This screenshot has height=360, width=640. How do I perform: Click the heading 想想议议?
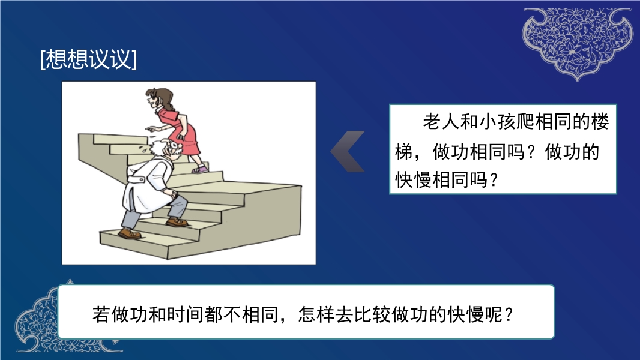click(89, 59)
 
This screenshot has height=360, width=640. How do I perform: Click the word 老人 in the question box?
click(441, 121)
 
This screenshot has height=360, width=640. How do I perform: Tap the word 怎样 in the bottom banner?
click(317, 314)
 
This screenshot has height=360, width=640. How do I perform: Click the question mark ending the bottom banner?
click(509, 314)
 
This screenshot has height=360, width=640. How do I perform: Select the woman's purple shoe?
click(199, 169)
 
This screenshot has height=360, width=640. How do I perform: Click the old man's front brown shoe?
click(177, 222)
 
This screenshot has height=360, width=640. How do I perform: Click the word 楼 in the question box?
click(600, 121)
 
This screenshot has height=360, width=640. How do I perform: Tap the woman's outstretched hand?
click(152, 128)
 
